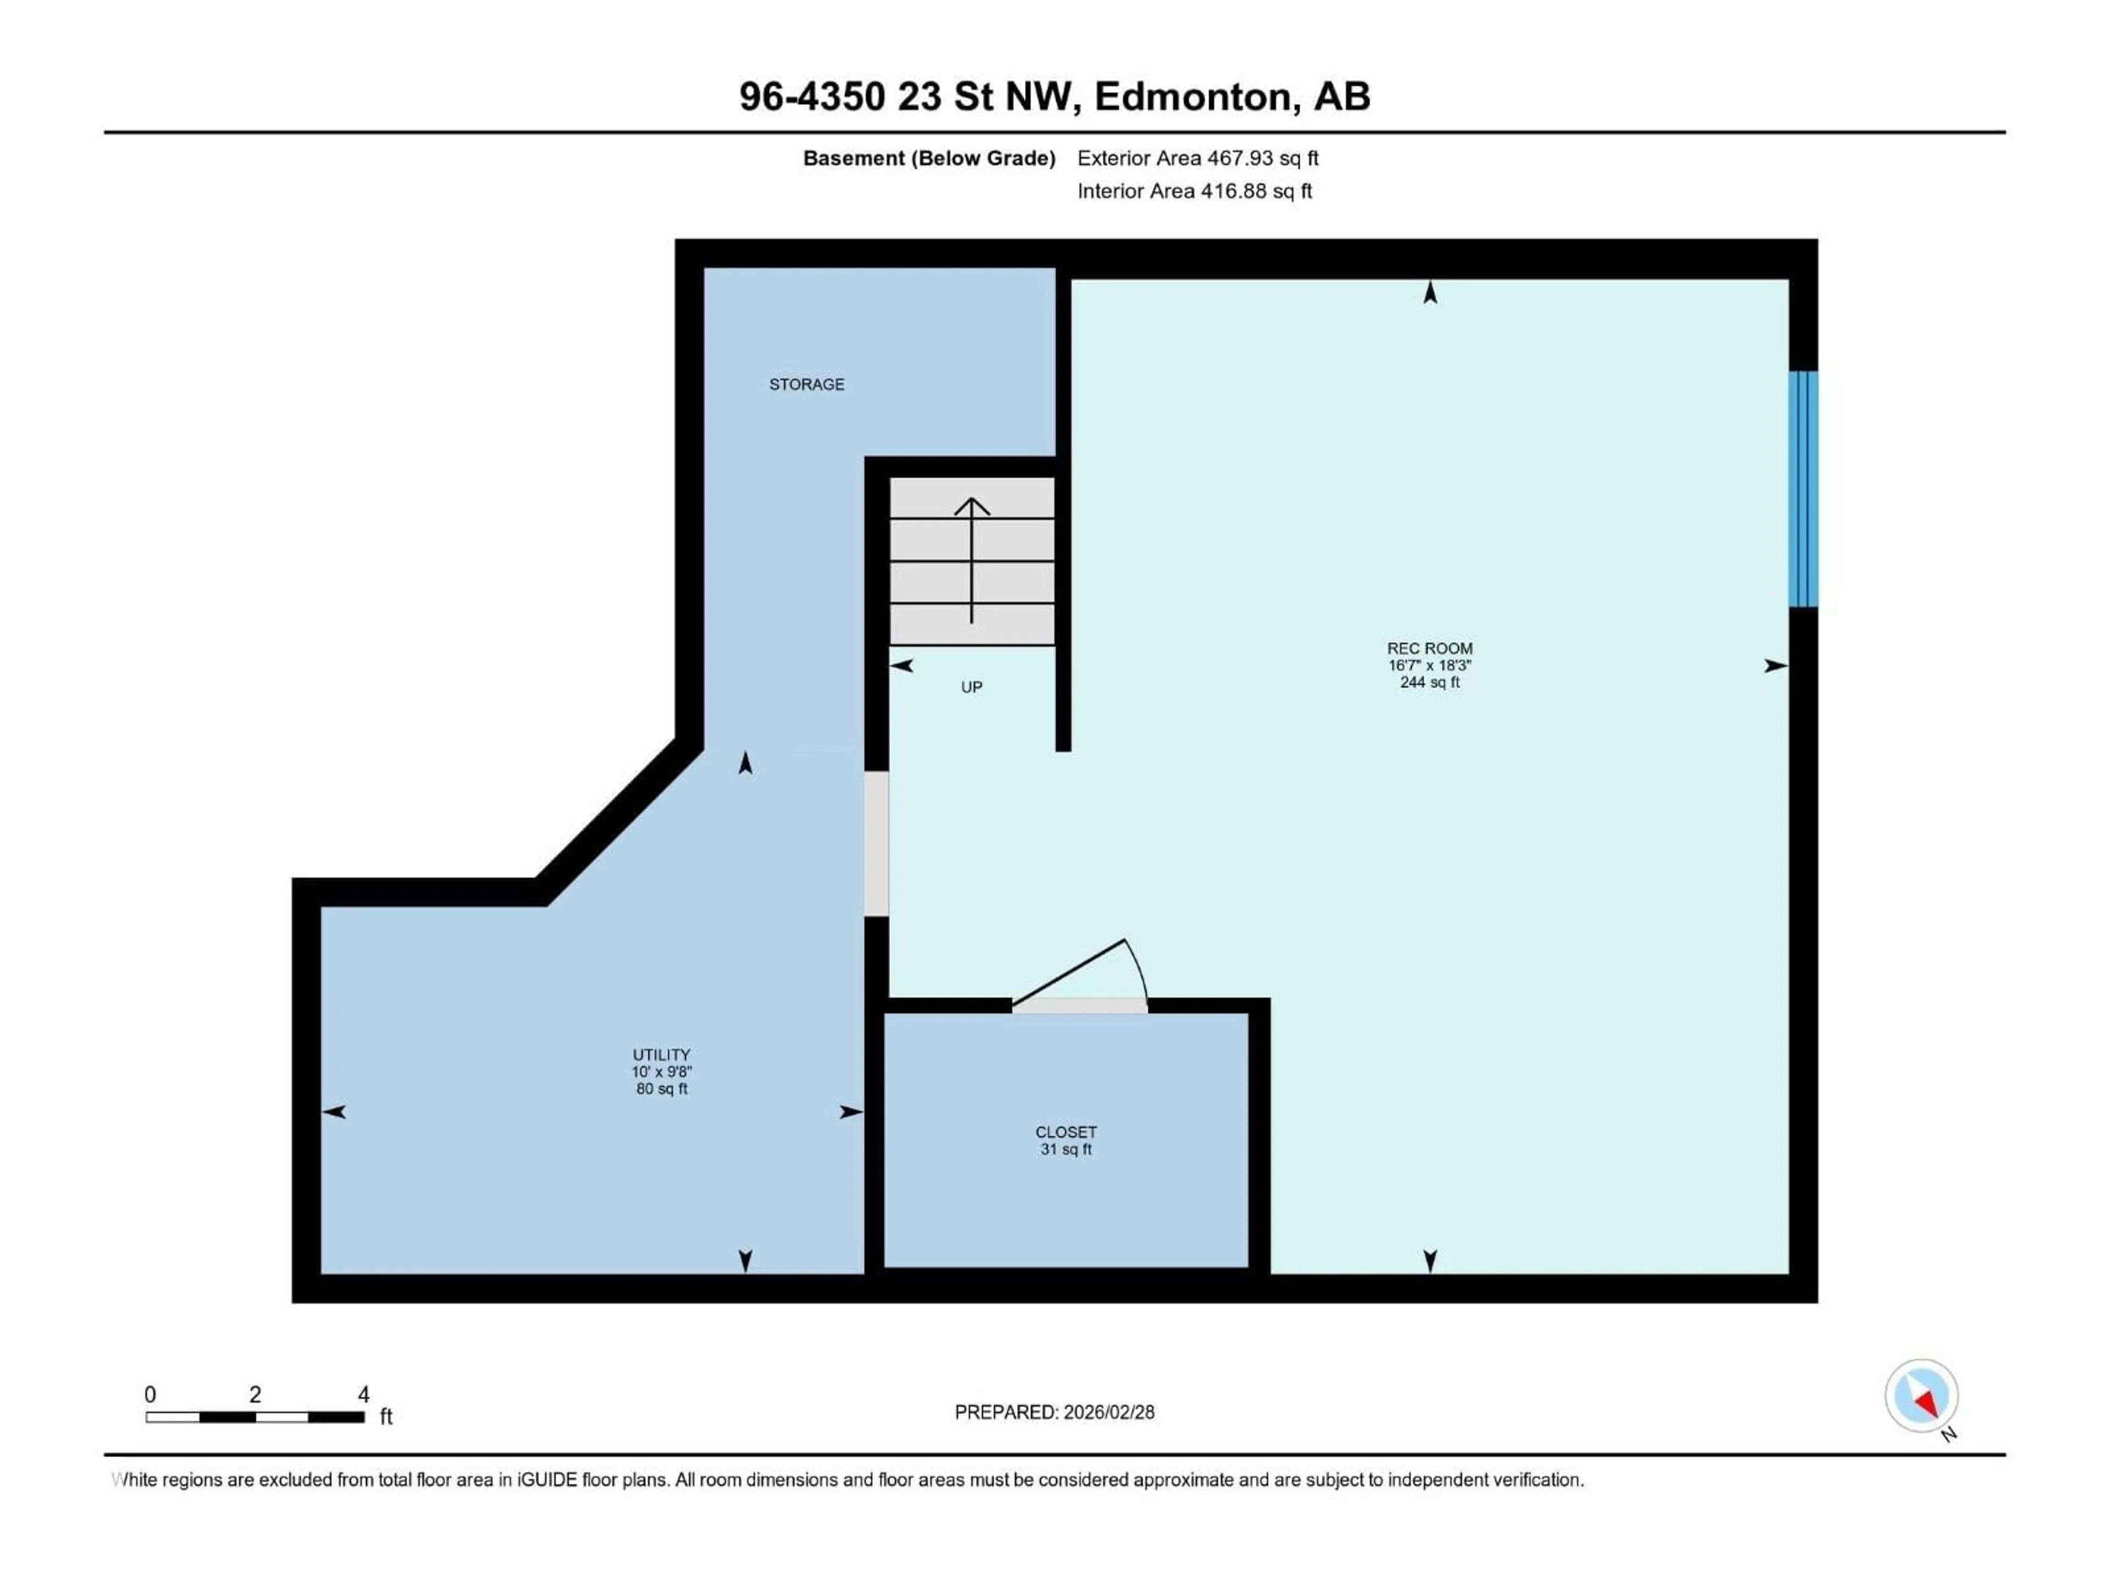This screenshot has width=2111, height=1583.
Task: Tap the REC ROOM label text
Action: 1429,649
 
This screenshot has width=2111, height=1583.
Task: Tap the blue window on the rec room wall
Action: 1803,489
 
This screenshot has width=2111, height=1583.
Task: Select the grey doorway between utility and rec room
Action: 876,844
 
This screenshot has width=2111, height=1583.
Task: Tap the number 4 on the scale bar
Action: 363,1394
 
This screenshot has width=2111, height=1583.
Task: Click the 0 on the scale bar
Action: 150,1394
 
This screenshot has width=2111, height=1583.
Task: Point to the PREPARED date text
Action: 1054,1412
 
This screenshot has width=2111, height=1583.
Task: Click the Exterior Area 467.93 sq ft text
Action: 1198,158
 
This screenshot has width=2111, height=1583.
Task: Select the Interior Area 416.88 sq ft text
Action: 1194,191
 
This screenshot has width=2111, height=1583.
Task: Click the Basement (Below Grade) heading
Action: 929,158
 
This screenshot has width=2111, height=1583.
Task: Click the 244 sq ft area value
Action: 1429,682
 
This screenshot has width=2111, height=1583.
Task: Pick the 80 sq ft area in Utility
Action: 661,1089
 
